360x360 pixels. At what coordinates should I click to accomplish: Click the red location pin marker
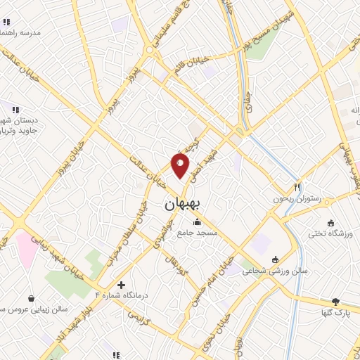tap(180, 167)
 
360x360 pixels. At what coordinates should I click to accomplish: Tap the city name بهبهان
tap(182, 204)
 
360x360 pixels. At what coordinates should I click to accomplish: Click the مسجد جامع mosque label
tap(198, 232)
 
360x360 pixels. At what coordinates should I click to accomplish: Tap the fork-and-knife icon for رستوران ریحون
tap(297, 188)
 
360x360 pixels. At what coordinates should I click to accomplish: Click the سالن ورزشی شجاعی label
tap(271, 269)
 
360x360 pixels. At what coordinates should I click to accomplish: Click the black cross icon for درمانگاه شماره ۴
tap(122, 285)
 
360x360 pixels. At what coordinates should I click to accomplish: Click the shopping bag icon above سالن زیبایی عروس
tap(32, 298)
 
